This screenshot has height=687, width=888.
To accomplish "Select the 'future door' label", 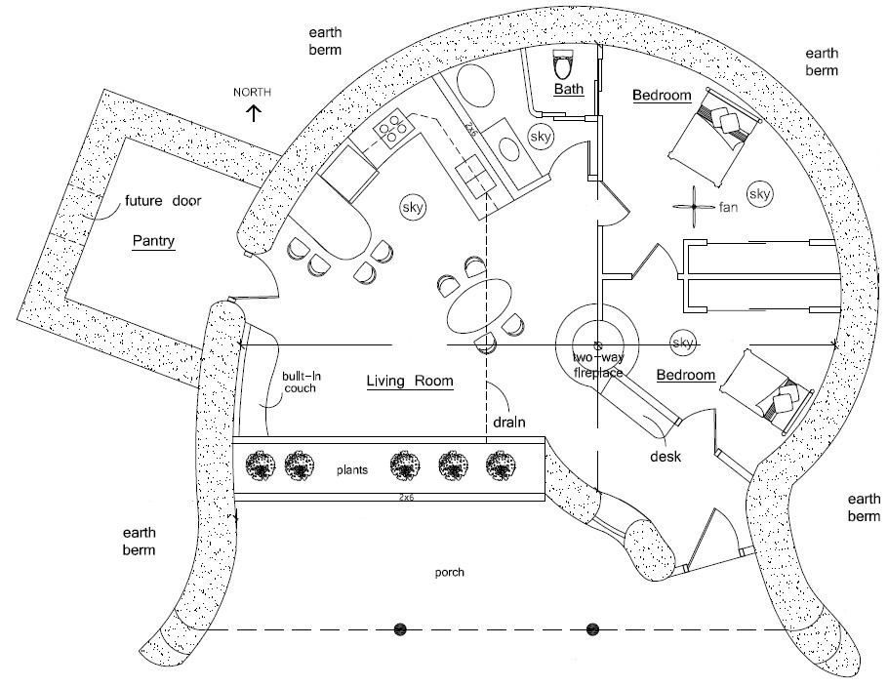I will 162,203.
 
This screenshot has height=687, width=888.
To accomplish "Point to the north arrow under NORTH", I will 255,112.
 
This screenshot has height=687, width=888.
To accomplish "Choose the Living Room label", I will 410,382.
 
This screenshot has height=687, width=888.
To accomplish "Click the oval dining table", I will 478,307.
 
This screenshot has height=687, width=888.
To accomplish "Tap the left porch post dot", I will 399,629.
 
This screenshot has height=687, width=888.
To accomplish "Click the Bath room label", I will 567,90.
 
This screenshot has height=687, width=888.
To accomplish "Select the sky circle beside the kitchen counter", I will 411,207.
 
